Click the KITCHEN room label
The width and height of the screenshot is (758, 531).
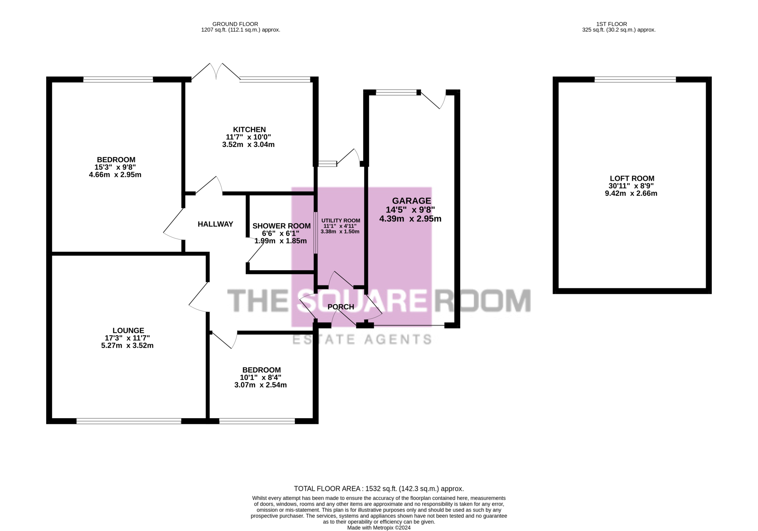point(249,130)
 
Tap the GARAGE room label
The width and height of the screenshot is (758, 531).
point(411,201)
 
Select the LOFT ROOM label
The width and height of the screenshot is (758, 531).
point(632,178)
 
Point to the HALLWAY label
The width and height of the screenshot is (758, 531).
point(215,224)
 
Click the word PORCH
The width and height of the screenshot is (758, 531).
point(341,307)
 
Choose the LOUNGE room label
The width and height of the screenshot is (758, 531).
point(128,331)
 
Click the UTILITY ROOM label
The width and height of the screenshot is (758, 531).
point(341,221)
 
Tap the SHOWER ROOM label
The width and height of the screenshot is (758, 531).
point(282,226)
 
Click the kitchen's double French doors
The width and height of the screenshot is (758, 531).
point(216,71)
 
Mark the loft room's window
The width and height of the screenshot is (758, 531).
point(635,79)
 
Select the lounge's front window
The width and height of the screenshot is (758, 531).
point(129,421)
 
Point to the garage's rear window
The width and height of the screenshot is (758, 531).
point(396,92)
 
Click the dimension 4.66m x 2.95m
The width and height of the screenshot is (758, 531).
point(115,175)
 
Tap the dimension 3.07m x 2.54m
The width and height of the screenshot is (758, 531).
point(260,385)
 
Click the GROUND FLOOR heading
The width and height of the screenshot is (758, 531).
point(235,24)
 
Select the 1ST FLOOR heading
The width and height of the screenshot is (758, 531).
point(612,24)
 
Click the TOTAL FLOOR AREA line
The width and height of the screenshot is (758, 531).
point(379,489)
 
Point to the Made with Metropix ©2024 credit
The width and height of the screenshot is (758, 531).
point(379,528)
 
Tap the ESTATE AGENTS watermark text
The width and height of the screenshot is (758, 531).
point(362,339)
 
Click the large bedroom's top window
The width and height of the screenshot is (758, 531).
point(118,79)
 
